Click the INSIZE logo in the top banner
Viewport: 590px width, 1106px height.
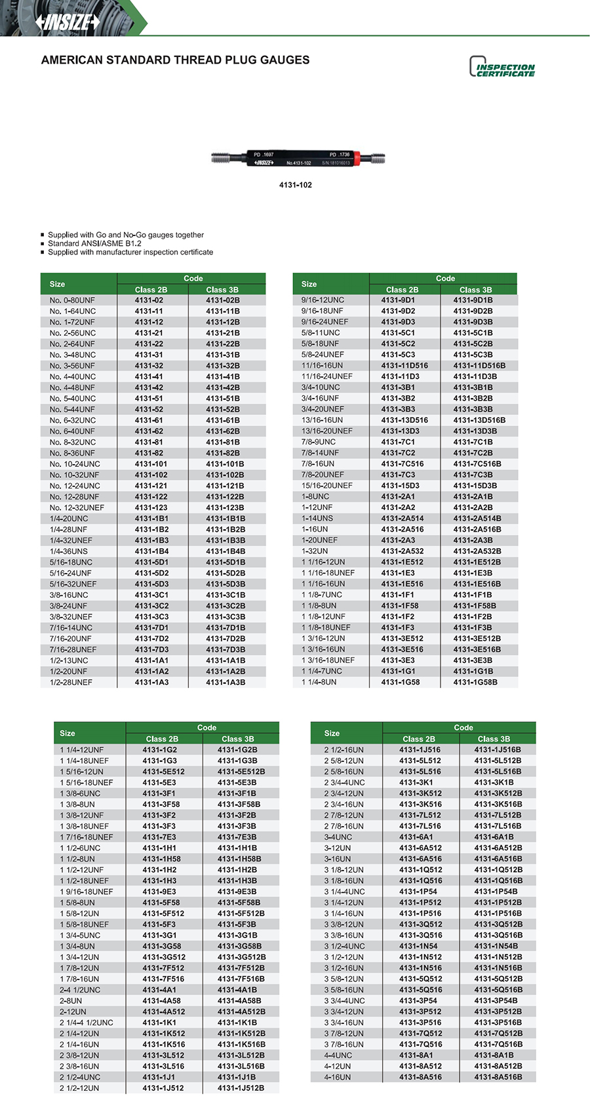pos(68,22)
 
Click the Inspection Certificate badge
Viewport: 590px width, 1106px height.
pos(502,68)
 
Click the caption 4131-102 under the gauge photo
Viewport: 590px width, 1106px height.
pos(295,185)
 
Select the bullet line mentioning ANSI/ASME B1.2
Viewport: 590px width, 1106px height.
pos(94,243)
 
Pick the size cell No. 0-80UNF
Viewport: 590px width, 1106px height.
pos(72,300)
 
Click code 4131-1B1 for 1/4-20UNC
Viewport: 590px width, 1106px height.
pos(151,519)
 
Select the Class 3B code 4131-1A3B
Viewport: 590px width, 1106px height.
pos(226,682)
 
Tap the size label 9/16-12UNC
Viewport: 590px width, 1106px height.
pos(323,300)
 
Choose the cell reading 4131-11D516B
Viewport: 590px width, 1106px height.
pos(479,366)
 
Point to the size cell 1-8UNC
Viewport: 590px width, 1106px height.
pos(315,497)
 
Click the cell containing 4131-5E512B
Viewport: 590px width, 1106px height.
pos(241,772)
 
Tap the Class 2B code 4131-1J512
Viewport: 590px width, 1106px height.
pos(163,1088)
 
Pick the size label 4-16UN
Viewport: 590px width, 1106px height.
pos(338,1077)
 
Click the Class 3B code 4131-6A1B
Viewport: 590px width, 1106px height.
pos(494,837)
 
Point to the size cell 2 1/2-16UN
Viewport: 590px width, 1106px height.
pos(344,750)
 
